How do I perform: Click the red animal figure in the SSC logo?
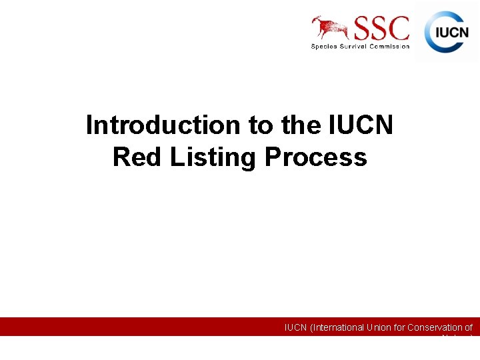click(331, 27)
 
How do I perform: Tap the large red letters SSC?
click(382, 29)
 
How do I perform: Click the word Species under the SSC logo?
click(325, 46)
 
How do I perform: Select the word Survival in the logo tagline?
click(357, 46)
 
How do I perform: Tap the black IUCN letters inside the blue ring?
click(452, 32)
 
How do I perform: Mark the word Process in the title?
click(316, 157)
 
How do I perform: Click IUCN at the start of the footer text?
click(296, 327)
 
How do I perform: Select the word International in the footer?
click(337, 327)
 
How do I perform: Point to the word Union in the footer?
click(378, 327)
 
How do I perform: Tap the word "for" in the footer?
click(399, 327)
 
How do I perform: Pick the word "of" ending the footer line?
click(468, 327)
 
